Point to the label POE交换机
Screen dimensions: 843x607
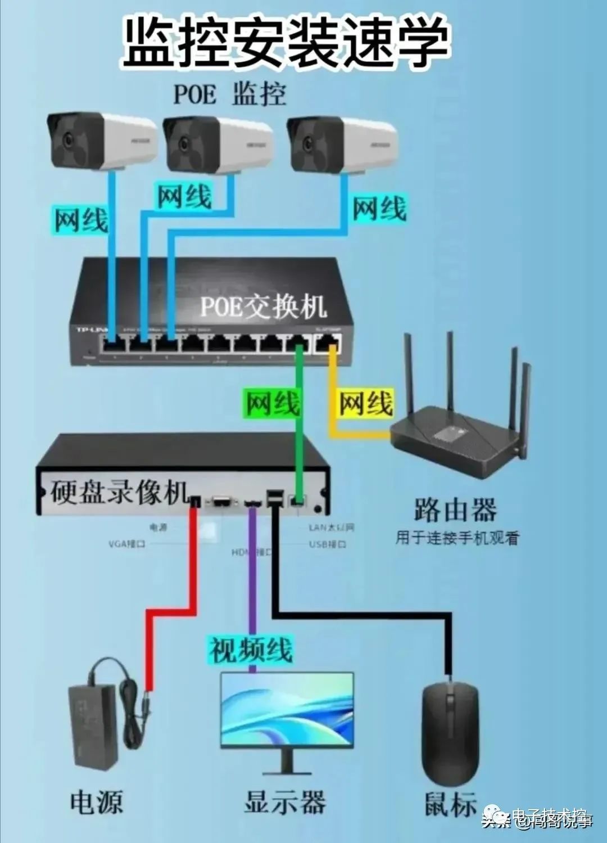263,306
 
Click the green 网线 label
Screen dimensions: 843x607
272,403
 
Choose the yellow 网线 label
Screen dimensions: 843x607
365,403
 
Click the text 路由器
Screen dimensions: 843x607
455,510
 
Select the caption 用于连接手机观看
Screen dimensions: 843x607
457,538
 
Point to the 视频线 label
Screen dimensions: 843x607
251,650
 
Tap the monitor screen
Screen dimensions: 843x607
287,709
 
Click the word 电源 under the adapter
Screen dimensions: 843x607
96,802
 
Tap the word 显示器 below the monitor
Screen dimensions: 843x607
285,802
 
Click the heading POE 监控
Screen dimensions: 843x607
229,94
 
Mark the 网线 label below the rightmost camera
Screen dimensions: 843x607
379,209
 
